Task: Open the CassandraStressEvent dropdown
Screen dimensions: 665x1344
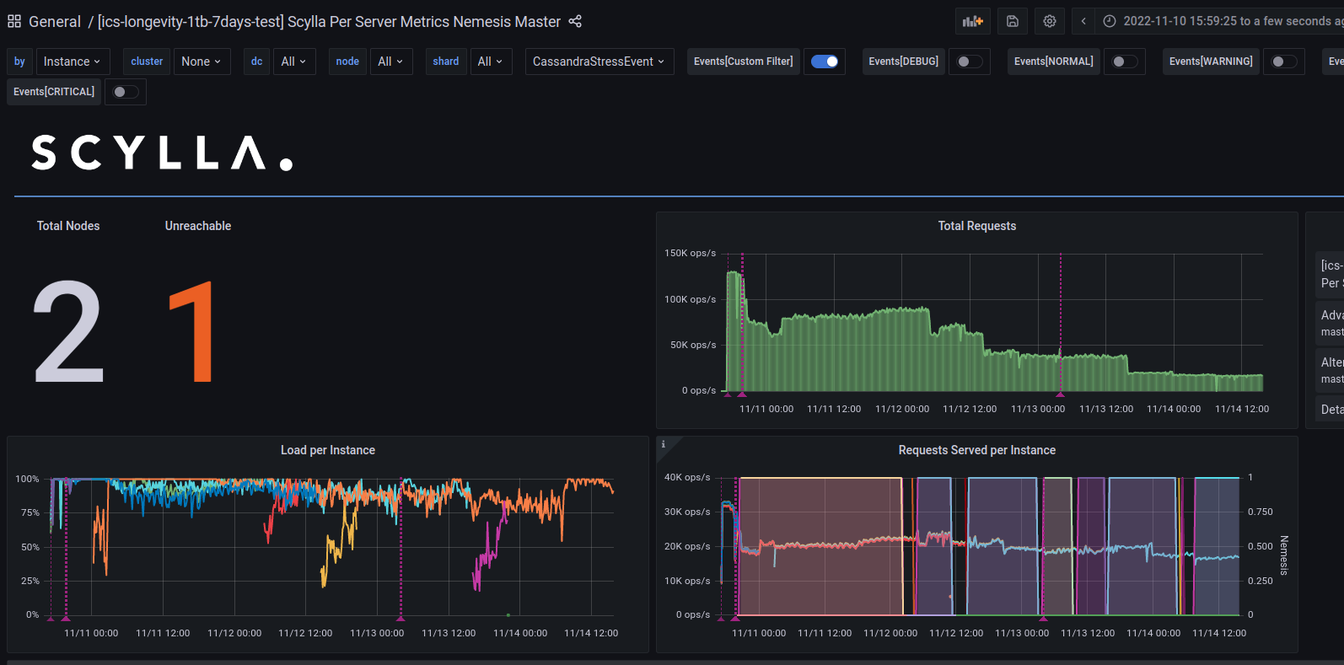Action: point(599,62)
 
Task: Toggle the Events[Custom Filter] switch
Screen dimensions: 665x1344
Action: point(824,62)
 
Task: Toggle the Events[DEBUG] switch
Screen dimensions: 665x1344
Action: point(970,62)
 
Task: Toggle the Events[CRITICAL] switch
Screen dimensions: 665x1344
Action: point(125,92)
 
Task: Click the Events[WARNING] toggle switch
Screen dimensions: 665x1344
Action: point(1284,62)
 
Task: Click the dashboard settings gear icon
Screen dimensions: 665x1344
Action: point(1050,21)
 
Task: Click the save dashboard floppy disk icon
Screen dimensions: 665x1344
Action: point(1013,21)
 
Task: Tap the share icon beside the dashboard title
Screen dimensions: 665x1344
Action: point(575,21)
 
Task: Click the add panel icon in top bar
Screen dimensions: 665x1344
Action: point(973,21)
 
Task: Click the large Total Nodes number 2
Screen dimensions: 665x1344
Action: point(68,332)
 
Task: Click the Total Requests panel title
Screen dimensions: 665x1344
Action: point(976,226)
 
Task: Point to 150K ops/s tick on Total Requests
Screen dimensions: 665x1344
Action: point(690,253)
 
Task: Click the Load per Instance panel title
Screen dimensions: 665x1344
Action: point(327,450)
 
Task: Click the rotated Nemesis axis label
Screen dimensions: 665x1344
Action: point(1284,555)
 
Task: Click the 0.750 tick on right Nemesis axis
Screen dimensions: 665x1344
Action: point(1260,512)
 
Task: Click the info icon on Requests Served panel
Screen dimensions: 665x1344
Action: point(664,444)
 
